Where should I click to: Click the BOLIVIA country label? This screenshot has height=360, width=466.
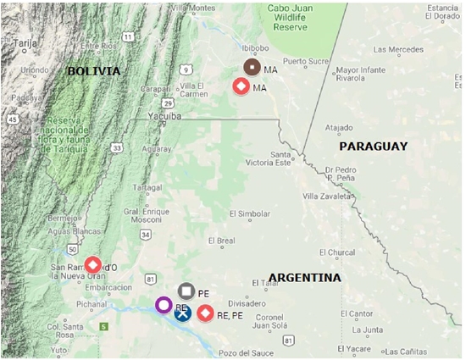pyautogui.click(x=94, y=71)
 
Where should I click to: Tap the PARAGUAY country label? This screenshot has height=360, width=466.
pyautogui.click(x=373, y=147)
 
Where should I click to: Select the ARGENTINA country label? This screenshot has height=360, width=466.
pyautogui.click(x=305, y=278)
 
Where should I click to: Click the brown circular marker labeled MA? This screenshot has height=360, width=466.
pyautogui.click(x=252, y=67)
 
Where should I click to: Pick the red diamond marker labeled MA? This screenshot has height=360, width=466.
pyautogui.click(x=241, y=86)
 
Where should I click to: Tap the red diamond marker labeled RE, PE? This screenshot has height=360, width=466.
pyautogui.click(x=204, y=314)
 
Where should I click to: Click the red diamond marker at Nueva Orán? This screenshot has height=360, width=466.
pyautogui.click(x=92, y=265)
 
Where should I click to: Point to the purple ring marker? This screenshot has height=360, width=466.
pyautogui.click(x=164, y=304)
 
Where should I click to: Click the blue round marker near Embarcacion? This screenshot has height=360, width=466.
pyautogui.click(x=181, y=313)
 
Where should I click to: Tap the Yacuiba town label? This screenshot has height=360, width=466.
pyautogui.click(x=164, y=117)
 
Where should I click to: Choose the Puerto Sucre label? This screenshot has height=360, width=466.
pyautogui.click(x=306, y=61)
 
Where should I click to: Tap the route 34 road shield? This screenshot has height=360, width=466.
pyautogui.click(x=146, y=234)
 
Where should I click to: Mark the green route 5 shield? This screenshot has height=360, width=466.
pyautogui.click(x=104, y=326)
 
